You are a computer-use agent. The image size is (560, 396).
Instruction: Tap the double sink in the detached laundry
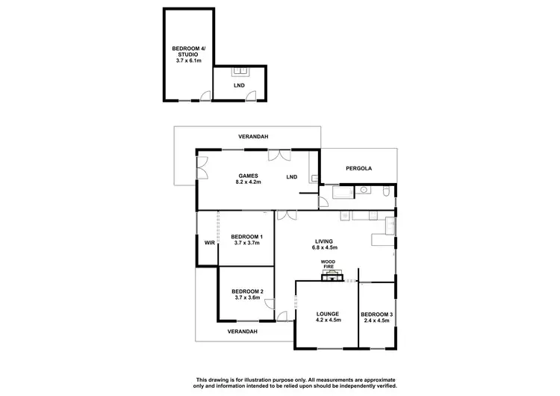[x=240, y=72]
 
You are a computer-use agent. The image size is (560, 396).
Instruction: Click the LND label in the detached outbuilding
[x=238, y=85]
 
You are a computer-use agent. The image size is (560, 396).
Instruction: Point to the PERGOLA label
[x=358, y=169]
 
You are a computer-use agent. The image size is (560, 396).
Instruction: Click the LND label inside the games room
[x=292, y=177]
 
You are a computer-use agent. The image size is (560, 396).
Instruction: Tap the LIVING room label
[x=323, y=241]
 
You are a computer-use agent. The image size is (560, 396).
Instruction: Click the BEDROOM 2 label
[x=246, y=291]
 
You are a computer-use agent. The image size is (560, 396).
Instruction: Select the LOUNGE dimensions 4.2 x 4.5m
[x=328, y=320]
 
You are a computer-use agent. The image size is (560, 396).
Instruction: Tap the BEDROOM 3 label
[x=376, y=313]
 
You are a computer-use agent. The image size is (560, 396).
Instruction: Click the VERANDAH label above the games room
[x=253, y=137]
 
